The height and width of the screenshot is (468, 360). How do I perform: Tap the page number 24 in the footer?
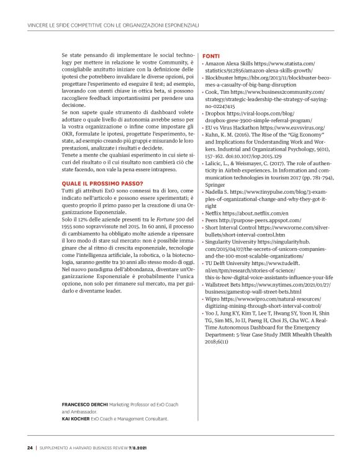[30, 446]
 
